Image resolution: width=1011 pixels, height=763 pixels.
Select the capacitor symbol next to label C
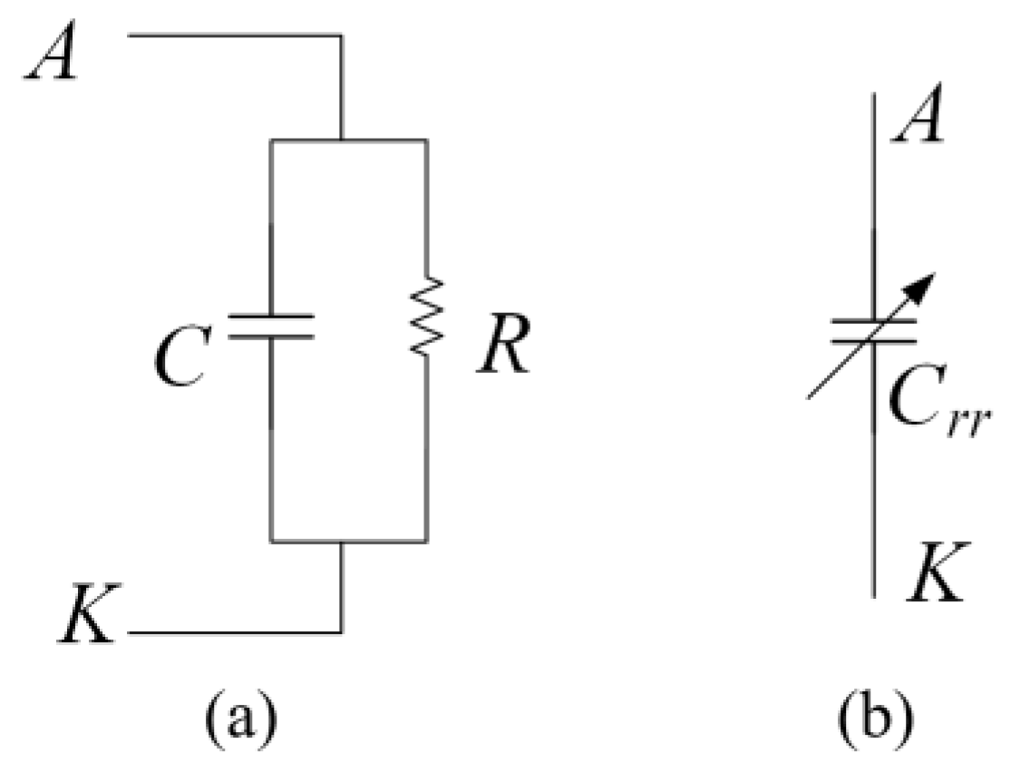(271, 327)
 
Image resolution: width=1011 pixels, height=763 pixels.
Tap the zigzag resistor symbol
(427, 317)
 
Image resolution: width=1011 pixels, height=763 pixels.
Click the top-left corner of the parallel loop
(271, 141)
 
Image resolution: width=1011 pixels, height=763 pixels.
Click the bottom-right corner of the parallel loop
(427, 542)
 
